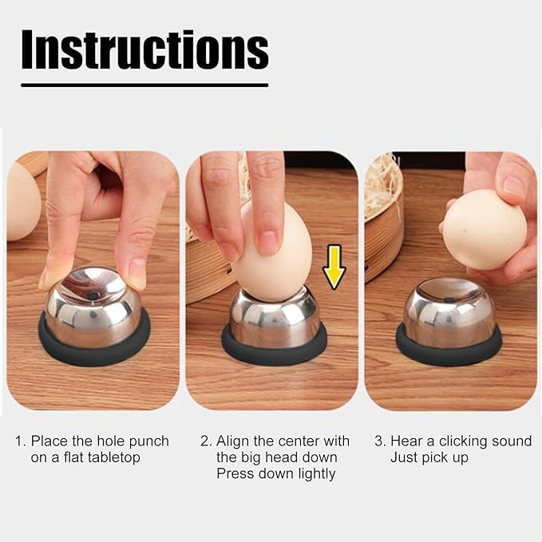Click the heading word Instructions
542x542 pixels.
[144, 49]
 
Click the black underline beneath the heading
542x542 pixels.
[144, 85]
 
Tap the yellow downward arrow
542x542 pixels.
[334, 267]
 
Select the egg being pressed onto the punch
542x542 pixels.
[273, 252]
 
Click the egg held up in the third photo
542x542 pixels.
[485, 230]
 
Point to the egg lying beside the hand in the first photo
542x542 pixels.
[23, 201]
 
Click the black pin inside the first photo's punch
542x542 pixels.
[93, 295]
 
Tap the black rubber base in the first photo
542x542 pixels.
[94, 341]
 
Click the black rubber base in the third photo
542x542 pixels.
[449, 347]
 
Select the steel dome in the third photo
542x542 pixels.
[449, 311]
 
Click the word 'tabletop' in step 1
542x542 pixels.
[113, 457]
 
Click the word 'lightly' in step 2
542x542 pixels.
[317, 473]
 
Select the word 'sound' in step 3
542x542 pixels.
[513, 441]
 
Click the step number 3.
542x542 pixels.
[379, 441]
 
